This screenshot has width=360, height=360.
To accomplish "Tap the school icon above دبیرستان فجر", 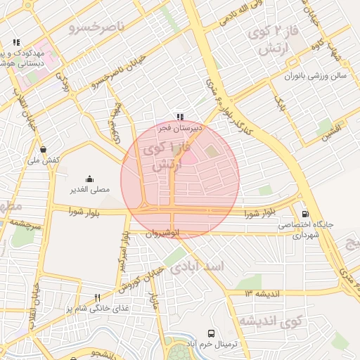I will [x=180, y=117].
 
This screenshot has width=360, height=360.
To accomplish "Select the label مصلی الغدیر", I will [x=89, y=190].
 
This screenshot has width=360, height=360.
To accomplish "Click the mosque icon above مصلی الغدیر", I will [x=89, y=179].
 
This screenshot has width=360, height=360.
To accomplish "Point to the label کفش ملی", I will [x=43, y=160].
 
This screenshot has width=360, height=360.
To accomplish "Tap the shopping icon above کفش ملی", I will [x=44, y=149].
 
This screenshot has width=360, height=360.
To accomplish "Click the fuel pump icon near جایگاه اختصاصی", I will [x=304, y=213].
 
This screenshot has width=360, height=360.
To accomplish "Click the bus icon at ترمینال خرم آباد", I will [x=211, y=333].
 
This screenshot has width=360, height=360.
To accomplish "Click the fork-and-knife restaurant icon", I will [x=98, y=297].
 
